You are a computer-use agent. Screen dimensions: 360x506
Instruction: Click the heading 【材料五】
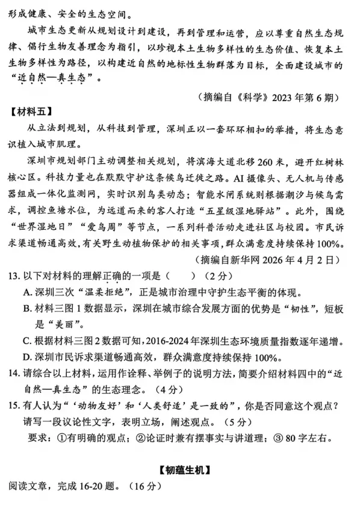click(29, 111)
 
